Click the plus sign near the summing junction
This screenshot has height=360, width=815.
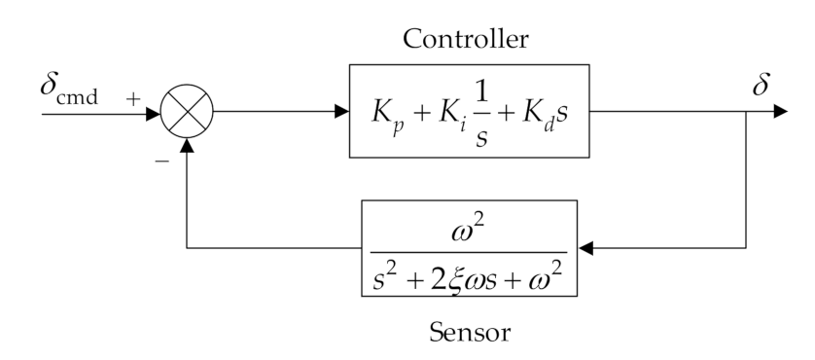[x=132, y=97]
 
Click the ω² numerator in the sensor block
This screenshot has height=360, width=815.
[x=470, y=225]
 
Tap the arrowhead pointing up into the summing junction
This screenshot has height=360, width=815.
[x=187, y=144]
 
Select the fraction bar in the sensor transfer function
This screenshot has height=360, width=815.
[x=470, y=247]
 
